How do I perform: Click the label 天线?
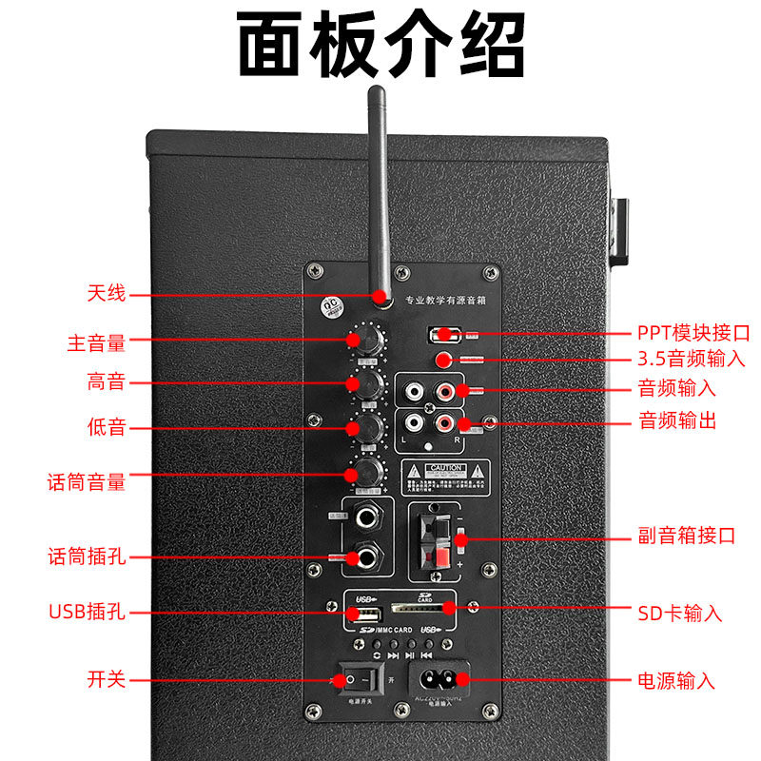(x=106, y=294)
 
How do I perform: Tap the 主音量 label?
(x=96, y=342)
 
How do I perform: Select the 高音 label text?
(x=106, y=382)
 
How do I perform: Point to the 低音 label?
(x=106, y=427)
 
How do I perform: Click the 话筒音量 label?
(x=87, y=482)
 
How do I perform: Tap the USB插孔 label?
(x=87, y=612)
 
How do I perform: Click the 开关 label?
(x=106, y=679)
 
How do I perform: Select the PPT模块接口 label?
(x=693, y=333)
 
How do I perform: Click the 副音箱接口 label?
(x=686, y=536)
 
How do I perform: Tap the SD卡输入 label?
(x=679, y=613)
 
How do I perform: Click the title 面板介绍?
(x=380, y=45)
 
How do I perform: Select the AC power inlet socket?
(x=439, y=679)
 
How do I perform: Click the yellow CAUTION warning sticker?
(x=445, y=475)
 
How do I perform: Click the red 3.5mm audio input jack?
(x=443, y=360)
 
